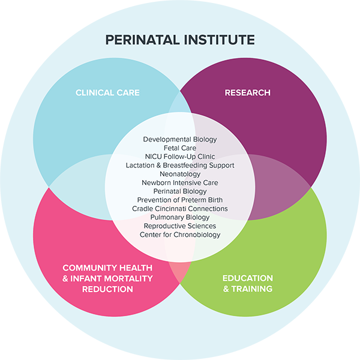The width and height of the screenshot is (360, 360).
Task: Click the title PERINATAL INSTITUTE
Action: pos(180,40)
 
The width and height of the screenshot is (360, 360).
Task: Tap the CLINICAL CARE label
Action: pos(107,92)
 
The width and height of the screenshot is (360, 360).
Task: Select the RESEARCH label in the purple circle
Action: pos(247,92)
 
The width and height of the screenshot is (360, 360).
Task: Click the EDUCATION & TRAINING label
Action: pos(247,283)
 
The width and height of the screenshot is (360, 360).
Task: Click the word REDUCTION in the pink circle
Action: pos(107,289)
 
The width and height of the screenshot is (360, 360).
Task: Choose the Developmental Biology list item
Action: pos(180,139)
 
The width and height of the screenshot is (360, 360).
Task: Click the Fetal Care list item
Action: pos(180,148)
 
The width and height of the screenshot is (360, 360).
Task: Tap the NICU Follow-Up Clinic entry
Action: pos(180,156)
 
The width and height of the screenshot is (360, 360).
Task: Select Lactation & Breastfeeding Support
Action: pos(180,165)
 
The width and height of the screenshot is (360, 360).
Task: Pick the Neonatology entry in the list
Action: pos(180,173)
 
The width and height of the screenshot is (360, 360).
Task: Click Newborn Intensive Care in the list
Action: pos(180,182)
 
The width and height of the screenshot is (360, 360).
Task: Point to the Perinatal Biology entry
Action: pos(180,191)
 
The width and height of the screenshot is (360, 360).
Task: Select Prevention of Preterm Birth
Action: pos(180,200)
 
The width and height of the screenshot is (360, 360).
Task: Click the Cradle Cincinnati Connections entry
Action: pos(180,208)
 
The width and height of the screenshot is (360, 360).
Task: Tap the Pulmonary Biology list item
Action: pos(180,217)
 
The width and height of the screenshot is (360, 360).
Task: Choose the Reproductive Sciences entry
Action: pos(180,226)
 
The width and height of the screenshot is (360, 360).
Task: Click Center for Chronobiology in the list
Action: pos(180,235)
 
